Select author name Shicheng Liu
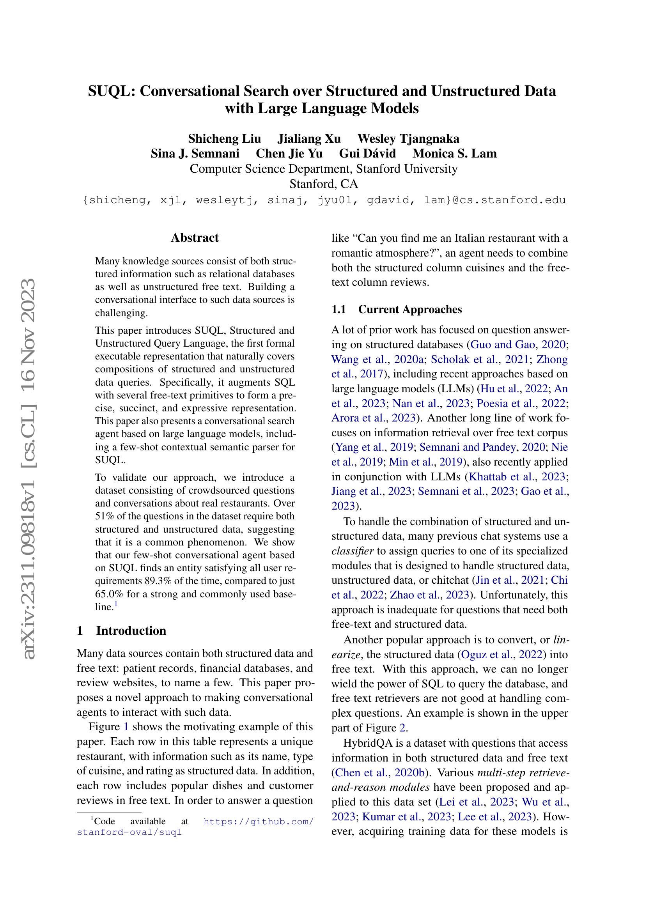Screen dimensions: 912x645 tap(224, 139)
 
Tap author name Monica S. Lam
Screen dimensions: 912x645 tap(454, 154)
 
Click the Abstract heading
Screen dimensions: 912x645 tap(195, 238)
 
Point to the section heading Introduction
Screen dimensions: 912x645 tap(131, 631)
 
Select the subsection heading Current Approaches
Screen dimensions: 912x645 tap(410, 310)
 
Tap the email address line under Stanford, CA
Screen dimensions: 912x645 tap(324, 200)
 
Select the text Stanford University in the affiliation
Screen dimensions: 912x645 tap(407, 169)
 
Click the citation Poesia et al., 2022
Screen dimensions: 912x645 tap(521, 404)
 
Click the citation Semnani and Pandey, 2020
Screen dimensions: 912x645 tap(482, 447)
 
